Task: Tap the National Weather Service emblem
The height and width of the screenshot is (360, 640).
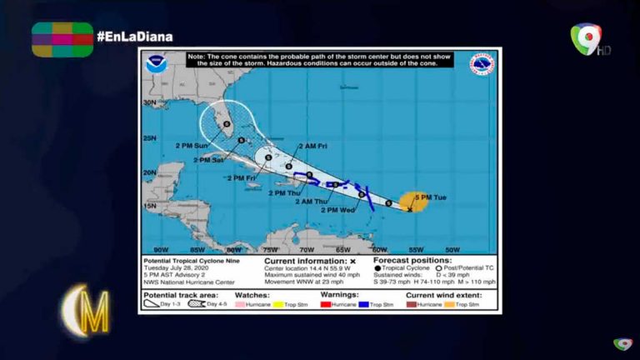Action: (481, 64)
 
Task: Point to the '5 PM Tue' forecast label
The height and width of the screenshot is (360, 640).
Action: (431, 197)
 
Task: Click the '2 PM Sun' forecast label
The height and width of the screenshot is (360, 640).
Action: (192, 145)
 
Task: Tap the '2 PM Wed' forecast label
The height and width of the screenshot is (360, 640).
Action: (337, 210)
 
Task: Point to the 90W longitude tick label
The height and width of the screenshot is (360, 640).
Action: (160, 249)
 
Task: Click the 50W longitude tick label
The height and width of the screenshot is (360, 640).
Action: (452, 249)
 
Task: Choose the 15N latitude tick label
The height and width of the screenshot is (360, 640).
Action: (149, 205)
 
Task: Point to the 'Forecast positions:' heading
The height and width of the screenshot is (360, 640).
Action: (412, 260)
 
